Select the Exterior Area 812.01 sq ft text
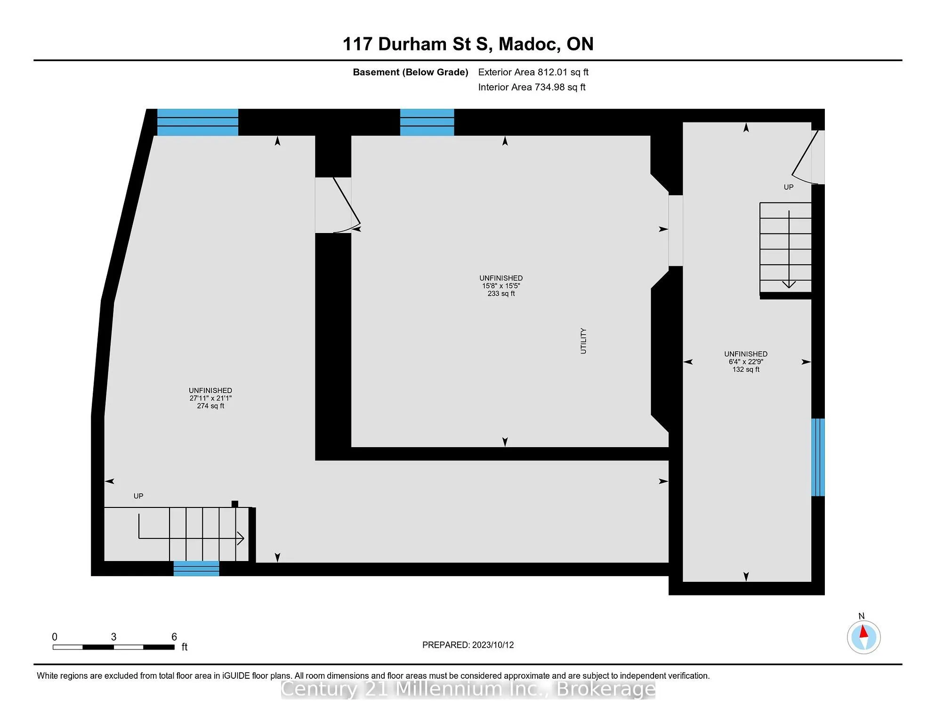533,72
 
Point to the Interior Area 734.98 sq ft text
532,87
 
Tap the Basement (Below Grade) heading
411,72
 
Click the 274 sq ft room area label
210,406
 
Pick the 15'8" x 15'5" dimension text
501,286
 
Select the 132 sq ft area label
746,370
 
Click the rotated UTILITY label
583,341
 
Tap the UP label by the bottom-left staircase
138,496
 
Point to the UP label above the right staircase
789,187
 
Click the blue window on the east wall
818,457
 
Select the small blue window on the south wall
196,569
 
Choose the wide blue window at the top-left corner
198,122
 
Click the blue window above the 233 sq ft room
427,122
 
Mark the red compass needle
863,632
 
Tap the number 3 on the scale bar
113,637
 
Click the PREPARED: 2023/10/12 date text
468,645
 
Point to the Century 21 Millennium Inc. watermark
468,689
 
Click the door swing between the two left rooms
347,206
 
